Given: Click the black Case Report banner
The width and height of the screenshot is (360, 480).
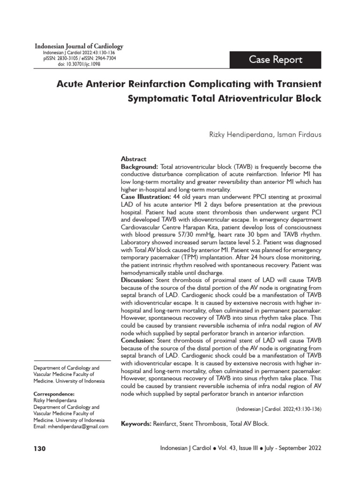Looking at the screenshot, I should pos(276,60).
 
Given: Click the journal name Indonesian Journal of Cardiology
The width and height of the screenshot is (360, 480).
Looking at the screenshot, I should pos(79,46).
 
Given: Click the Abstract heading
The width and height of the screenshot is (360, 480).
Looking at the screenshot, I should pos(134,159).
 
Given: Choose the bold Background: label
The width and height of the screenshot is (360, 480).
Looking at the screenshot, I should pos(140,166).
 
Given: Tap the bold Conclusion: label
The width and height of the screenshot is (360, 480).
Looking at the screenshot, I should pos(139,340).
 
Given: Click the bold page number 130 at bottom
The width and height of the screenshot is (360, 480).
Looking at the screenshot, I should pos(40,449).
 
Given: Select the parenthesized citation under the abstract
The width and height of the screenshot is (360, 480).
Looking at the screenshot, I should pos(278,409).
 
